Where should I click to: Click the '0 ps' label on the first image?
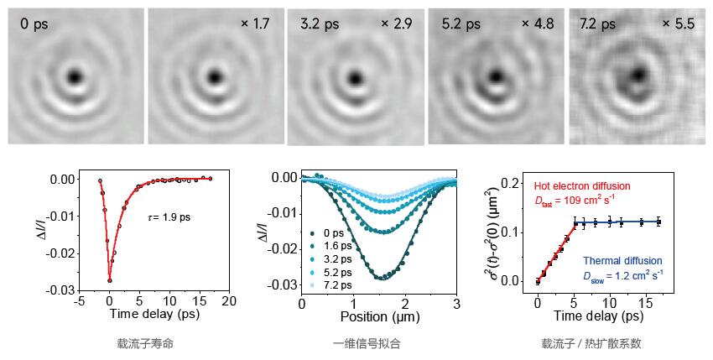[34, 24]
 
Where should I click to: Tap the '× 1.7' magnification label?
[255, 24]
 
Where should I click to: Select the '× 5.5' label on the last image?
[679, 23]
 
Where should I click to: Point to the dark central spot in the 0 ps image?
[75, 77]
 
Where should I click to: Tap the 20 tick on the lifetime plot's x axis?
[229, 300]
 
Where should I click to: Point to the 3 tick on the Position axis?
[455, 302]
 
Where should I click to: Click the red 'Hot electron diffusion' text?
[581, 185]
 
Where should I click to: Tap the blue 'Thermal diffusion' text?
[622, 261]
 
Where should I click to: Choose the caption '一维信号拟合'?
[367, 344]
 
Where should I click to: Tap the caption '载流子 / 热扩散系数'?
[592, 344]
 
